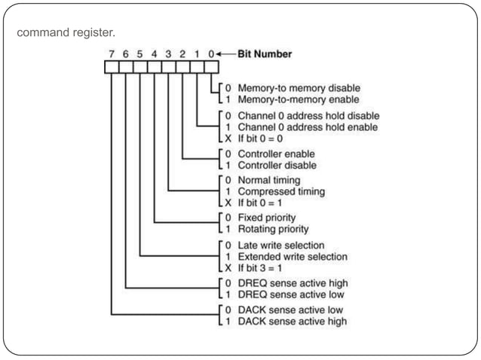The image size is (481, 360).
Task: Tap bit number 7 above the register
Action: pos(112,53)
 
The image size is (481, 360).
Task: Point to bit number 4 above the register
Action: pos(155,53)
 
